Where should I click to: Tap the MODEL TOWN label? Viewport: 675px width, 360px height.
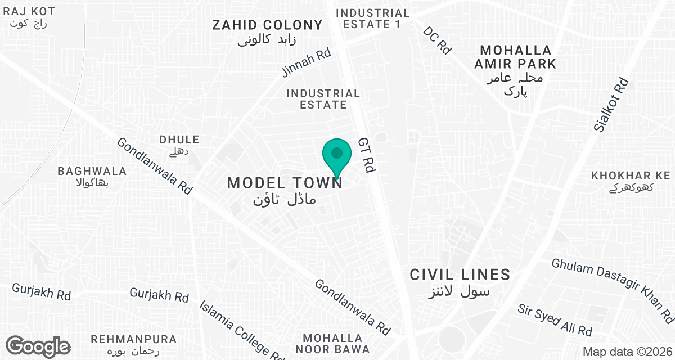pos(285,183)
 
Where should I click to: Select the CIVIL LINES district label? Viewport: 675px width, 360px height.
pos(460,275)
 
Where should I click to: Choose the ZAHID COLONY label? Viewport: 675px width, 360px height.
pos(267,25)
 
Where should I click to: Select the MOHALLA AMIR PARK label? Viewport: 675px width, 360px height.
pos(515,57)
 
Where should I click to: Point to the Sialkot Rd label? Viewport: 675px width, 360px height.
pos(611,105)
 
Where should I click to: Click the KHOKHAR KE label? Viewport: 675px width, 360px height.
pos(631,176)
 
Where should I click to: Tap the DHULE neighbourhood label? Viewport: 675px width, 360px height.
pos(179,139)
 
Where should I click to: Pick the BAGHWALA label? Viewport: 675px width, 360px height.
pos(92,171)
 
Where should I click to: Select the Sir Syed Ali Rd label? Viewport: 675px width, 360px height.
pos(555,320)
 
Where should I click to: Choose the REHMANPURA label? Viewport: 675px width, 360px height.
pos(134,340)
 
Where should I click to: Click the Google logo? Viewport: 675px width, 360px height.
pos(38,346)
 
